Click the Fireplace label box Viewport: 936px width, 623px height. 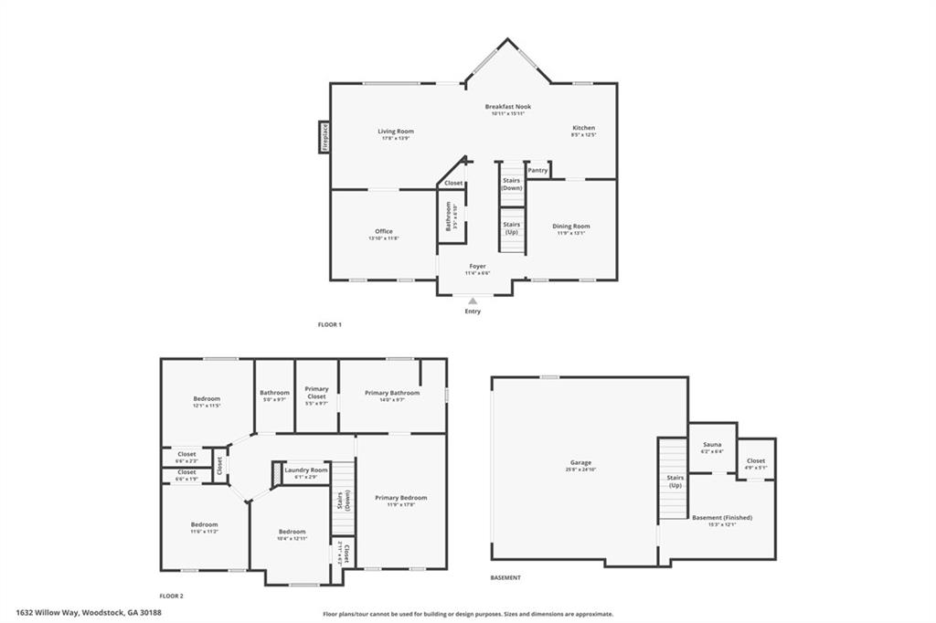click(324, 137)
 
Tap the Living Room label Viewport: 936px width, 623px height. click(396, 132)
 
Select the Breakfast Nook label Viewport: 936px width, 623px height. click(507, 107)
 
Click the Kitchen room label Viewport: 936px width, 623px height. click(583, 128)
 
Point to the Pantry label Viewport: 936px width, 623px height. click(537, 170)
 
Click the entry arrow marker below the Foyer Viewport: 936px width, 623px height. click(473, 300)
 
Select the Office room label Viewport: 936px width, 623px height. click(383, 231)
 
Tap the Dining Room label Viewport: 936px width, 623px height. click(570, 227)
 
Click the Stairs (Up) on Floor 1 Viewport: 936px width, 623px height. click(512, 227)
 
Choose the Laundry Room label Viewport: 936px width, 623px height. click(305, 470)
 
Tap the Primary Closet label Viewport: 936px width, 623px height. click(316, 393)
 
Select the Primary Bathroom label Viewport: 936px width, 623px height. click(392, 393)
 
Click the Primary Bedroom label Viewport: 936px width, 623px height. click(400, 498)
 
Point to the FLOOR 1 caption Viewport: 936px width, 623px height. click(329, 324)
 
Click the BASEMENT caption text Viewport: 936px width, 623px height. click(505, 577)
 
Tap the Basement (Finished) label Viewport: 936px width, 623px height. click(721, 518)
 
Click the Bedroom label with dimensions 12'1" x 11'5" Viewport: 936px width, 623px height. click(207, 399)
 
